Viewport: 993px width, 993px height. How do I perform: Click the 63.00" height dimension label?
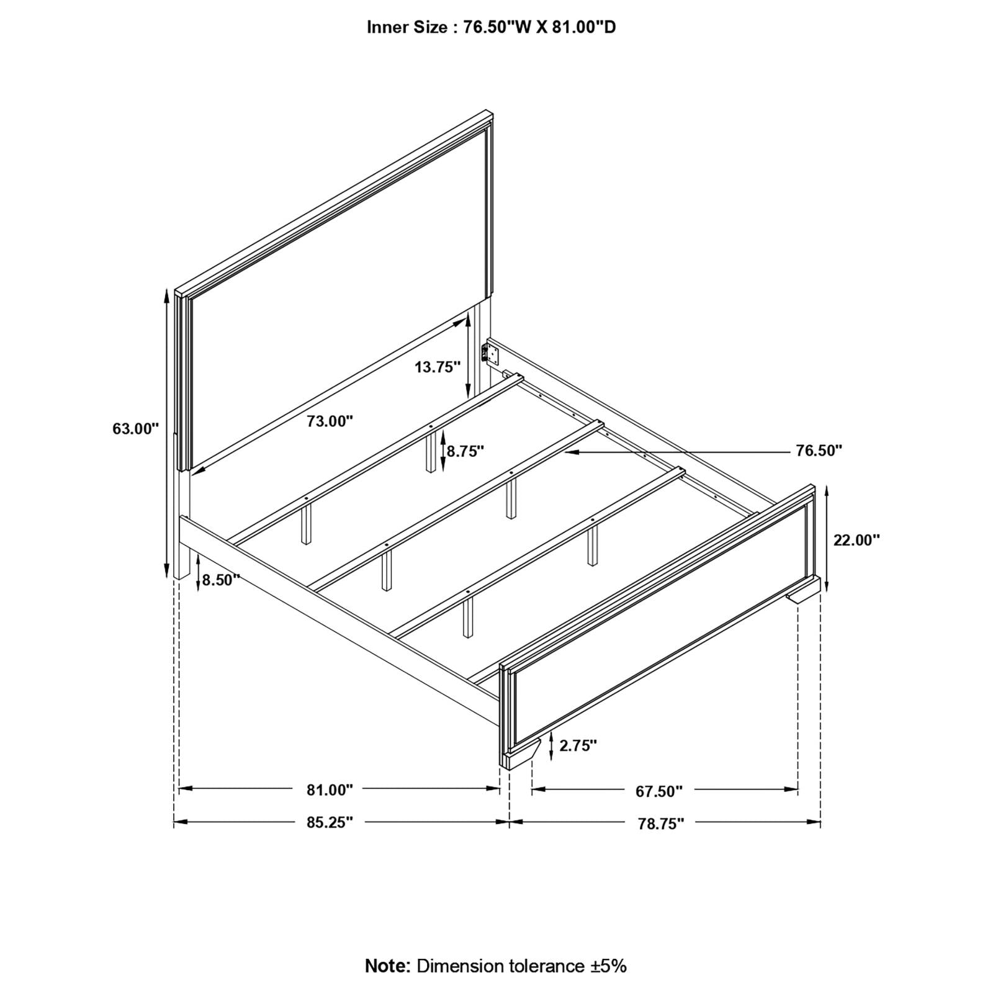click(x=136, y=429)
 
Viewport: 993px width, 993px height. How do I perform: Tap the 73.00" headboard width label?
click(x=330, y=421)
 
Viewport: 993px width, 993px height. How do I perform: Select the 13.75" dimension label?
click(x=438, y=367)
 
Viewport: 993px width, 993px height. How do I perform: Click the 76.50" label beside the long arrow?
click(x=819, y=451)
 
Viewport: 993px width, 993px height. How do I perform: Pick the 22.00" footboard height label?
click(x=856, y=540)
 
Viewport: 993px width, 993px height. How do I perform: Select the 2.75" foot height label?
click(x=578, y=745)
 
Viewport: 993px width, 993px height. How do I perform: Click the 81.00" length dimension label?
click(x=330, y=790)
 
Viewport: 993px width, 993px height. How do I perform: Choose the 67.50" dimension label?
click(x=659, y=791)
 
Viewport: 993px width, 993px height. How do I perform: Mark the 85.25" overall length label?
click(x=330, y=823)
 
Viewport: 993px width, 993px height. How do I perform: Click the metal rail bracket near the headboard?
click(x=491, y=354)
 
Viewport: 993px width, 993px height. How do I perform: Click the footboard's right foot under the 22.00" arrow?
click(x=805, y=596)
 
